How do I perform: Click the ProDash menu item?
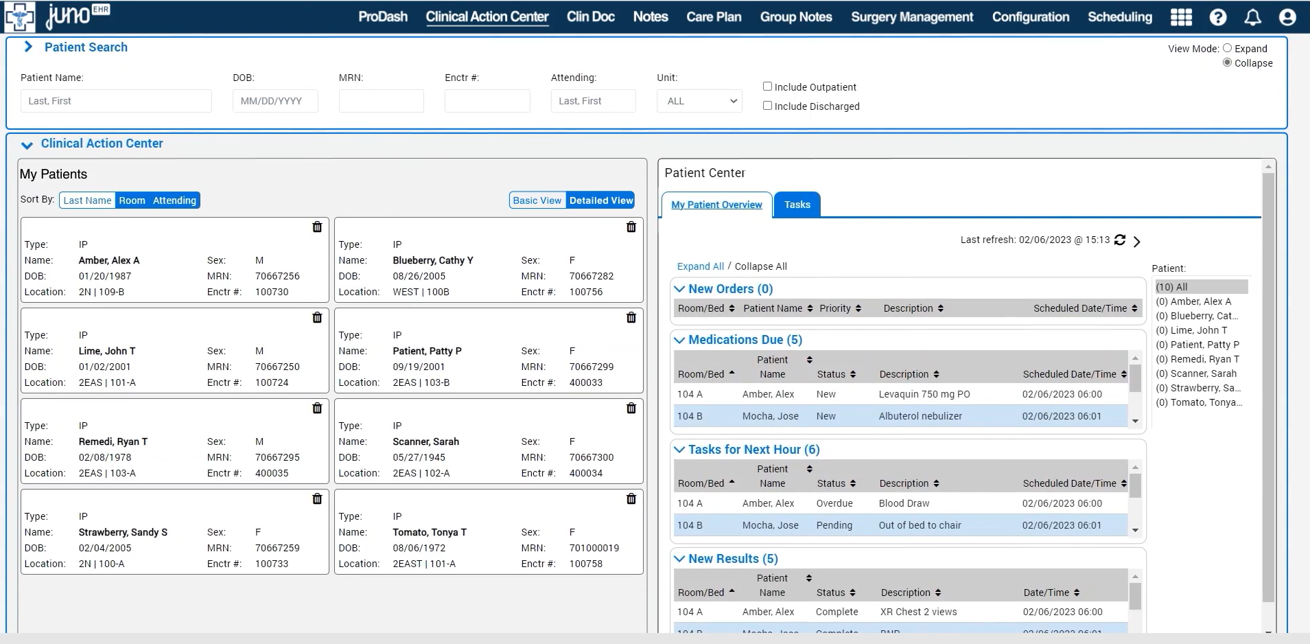(x=382, y=16)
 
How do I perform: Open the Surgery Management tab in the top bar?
(x=911, y=16)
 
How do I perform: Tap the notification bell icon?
(x=1252, y=17)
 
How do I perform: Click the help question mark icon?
(x=1217, y=17)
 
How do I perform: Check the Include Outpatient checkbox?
(x=768, y=87)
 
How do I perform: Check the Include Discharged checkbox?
(x=768, y=106)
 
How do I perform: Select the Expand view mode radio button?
(x=1227, y=48)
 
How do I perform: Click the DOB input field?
(x=274, y=101)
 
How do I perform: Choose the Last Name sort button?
(x=87, y=200)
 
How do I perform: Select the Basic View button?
(x=537, y=200)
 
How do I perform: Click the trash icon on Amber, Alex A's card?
(x=317, y=227)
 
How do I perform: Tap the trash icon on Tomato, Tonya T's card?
(x=631, y=499)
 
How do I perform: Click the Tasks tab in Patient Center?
(x=797, y=205)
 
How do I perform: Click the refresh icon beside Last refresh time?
(x=1120, y=240)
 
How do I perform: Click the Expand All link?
(x=700, y=266)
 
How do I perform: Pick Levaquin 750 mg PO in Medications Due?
(x=924, y=394)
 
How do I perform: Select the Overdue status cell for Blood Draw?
(x=834, y=503)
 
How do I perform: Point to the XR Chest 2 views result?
(x=918, y=612)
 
